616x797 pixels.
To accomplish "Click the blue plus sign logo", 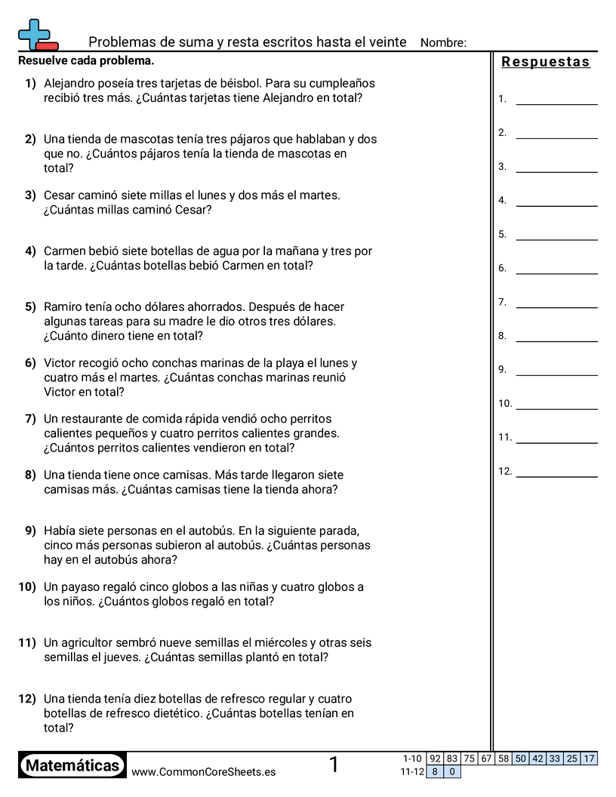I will coord(33,33).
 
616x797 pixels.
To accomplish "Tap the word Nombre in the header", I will coord(443,43).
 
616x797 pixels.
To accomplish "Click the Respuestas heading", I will coord(546,62).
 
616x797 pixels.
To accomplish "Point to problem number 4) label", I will coord(30,251).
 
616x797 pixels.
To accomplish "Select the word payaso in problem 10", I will coord(80,587).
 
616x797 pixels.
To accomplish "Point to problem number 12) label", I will coord(27,699).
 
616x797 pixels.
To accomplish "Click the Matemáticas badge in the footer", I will coord(72,766).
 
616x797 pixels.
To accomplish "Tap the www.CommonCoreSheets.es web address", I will coord(203,772).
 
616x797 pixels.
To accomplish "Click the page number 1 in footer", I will coord(334,765).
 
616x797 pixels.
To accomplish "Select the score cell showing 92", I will coord(435,759).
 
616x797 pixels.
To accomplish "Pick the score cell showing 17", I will coord(590,759).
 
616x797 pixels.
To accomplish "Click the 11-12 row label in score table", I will coord(411,772).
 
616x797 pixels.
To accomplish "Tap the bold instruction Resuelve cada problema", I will coord(86,60).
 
